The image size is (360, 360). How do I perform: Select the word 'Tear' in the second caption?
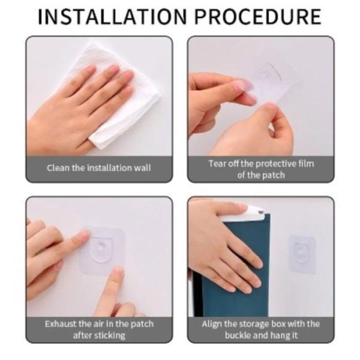click(217, 163)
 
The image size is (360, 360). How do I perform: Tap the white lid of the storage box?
click(256, 209)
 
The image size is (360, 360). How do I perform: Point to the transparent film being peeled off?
click(267, 84)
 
